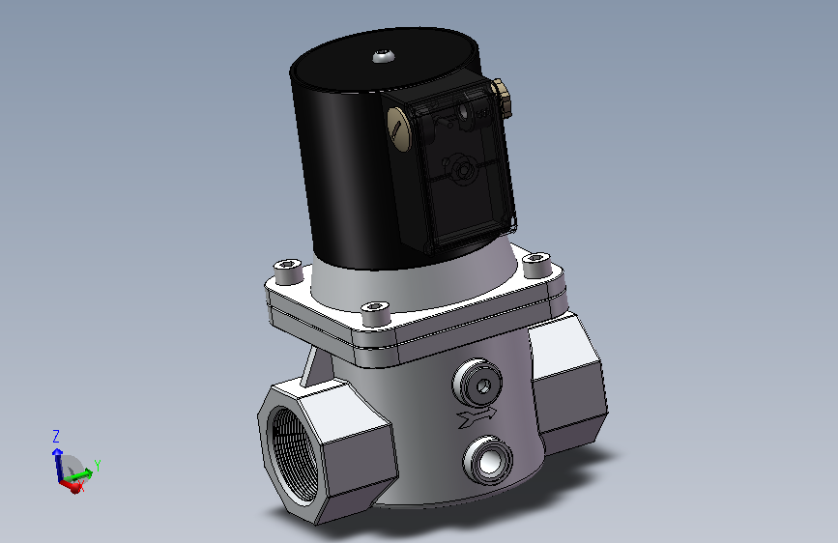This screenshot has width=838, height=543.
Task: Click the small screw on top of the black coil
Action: (383, 55)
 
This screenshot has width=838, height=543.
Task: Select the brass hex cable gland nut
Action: (502, 99)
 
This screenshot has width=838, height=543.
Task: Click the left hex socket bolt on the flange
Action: (289, 270)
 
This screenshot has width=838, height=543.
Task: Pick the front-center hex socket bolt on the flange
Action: (376, 312)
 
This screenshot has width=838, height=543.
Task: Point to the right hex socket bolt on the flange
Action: (536, 265)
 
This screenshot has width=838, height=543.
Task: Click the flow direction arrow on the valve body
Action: (477, 416)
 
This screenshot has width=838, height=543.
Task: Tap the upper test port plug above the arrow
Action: (477, 384)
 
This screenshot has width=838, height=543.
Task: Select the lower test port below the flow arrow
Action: (487, 461)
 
